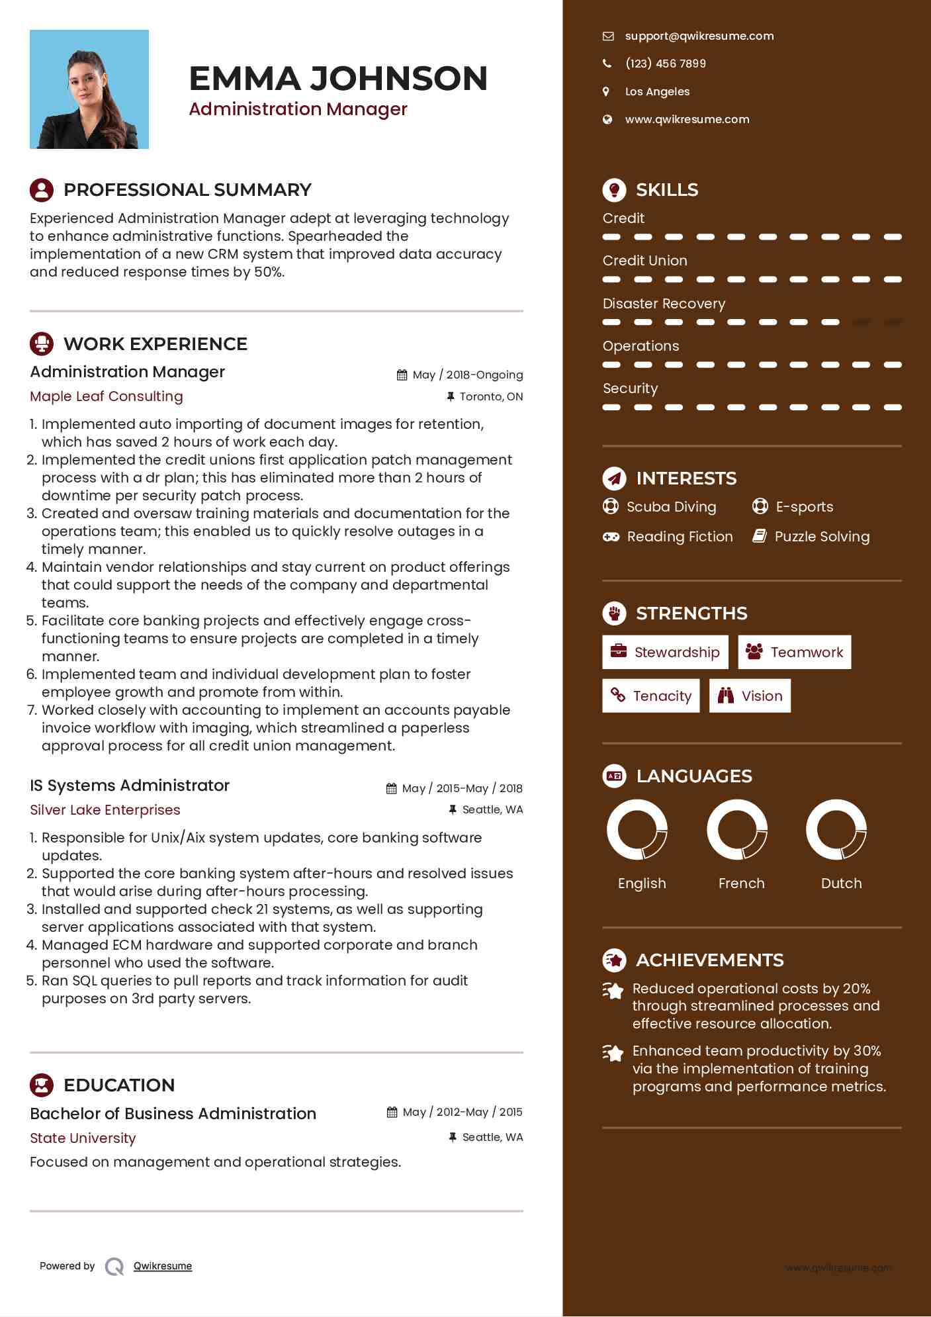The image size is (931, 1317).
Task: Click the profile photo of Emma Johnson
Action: point(89,89)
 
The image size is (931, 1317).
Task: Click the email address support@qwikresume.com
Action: point(699,36)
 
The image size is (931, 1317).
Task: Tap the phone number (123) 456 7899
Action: point(665,64)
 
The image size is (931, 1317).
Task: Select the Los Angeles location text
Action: point(657,92)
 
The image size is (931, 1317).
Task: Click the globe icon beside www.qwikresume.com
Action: point(607,120)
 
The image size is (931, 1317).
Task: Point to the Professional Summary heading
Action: point(187,190)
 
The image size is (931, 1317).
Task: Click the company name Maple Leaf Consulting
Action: point(107,396)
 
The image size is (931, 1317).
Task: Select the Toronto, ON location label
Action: point(491,397)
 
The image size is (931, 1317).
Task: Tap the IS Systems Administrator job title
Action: point(130,786)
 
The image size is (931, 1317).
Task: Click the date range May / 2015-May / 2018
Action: point(462,788)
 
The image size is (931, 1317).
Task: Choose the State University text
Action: point(83,1138)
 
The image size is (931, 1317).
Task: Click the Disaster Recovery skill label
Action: point(664,304)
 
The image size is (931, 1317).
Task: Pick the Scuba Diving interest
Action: point(671,507)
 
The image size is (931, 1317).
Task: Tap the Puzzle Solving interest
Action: point(822,537)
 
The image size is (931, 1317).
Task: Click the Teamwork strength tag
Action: point(795,653)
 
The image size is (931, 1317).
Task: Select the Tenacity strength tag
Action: point(651,696)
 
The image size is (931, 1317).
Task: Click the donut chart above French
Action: point(737,829)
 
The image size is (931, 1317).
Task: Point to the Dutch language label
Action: point(841,884)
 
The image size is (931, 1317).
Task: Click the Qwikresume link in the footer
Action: point(163,1266)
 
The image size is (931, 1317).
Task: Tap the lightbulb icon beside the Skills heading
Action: point(614,190)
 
